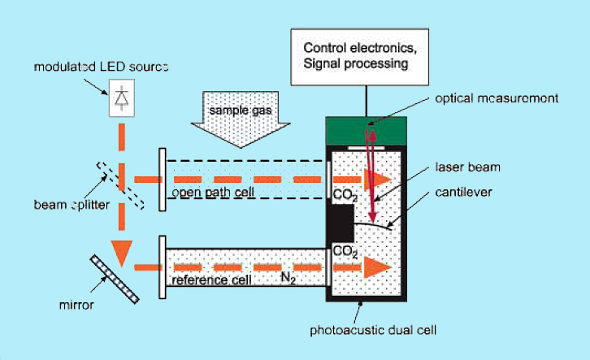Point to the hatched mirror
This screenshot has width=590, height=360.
[114, 280]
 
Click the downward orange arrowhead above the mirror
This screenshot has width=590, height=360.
[122, 254]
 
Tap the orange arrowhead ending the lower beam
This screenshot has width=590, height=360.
[375, 266]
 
